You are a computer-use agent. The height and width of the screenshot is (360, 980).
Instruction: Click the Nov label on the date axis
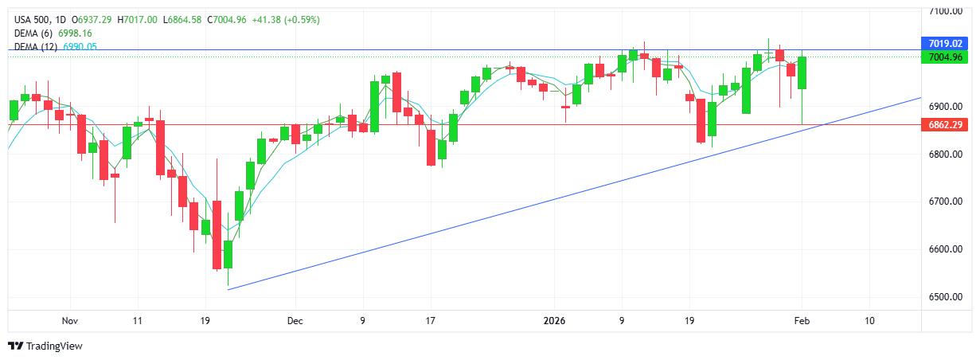point(69,321)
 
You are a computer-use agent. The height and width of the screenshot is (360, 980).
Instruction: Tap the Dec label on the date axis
point(295,321)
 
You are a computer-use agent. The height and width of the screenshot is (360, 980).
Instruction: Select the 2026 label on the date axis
point(553,321)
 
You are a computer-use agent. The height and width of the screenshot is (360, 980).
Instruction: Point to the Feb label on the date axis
point(802,321)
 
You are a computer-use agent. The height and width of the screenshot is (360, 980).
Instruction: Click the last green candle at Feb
point(802,72)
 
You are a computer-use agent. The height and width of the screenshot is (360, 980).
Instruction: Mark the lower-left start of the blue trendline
point(228,289)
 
